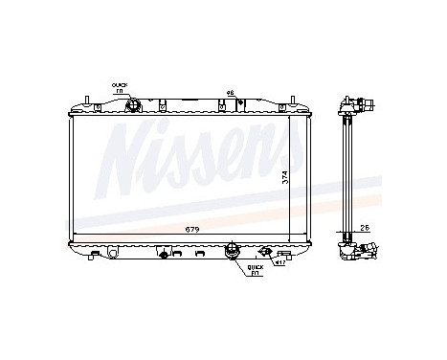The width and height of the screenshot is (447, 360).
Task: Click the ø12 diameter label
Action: (x=278, y=260)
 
